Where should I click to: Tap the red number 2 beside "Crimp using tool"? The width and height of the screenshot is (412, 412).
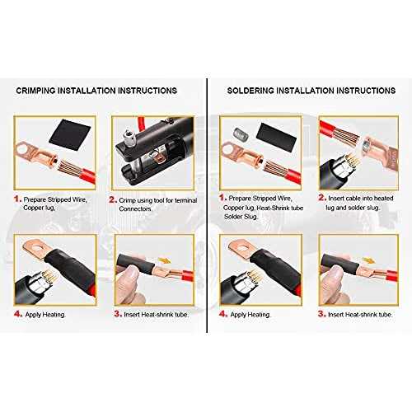pos(113,199)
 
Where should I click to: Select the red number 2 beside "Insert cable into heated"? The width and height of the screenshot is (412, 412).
pos(322,198)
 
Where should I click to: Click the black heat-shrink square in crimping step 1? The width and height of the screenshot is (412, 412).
pos(69,134)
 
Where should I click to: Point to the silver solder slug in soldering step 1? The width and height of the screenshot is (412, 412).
pos(241,133)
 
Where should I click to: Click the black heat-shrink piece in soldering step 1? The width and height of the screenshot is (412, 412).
pos(277,137)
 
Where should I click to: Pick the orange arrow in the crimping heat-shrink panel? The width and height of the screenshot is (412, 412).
pos(165,260)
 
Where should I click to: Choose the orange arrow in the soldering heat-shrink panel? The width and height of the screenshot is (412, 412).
pos(369,260)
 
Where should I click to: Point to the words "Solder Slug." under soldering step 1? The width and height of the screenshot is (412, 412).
pos(241,217)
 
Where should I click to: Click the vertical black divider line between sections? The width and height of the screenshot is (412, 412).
pos(207,205)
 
